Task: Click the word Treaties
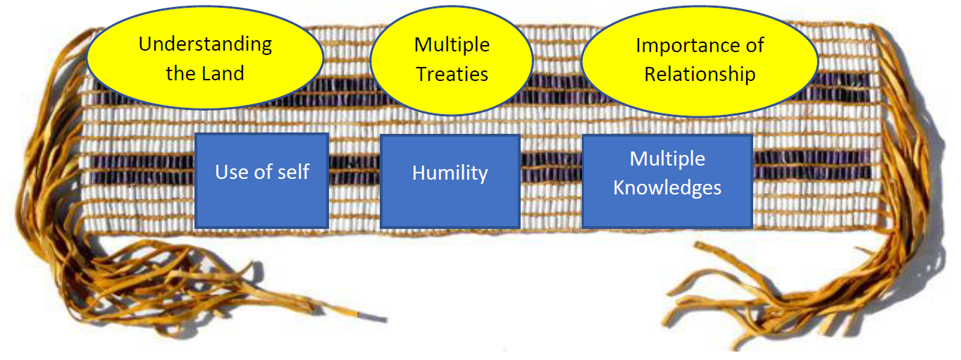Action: pyautogui.click(x=452, y=74)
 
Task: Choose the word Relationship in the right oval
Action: pyautogui.click(x=700, y=75)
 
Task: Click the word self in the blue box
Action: pyautogui.click(x=294, y=172)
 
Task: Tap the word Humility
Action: pyautogui.click(x=450, y=173)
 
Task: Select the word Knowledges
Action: pyautogui.click(x=667, y=188)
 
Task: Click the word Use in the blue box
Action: pyautogui.click(x=232, y=172)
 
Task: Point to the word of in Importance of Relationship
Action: pyautogui.click(x=755, y=46)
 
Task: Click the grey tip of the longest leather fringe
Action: pyautogui.click(x=374, y=318)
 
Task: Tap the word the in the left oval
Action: pyautogui.click(x=181, y=73)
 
